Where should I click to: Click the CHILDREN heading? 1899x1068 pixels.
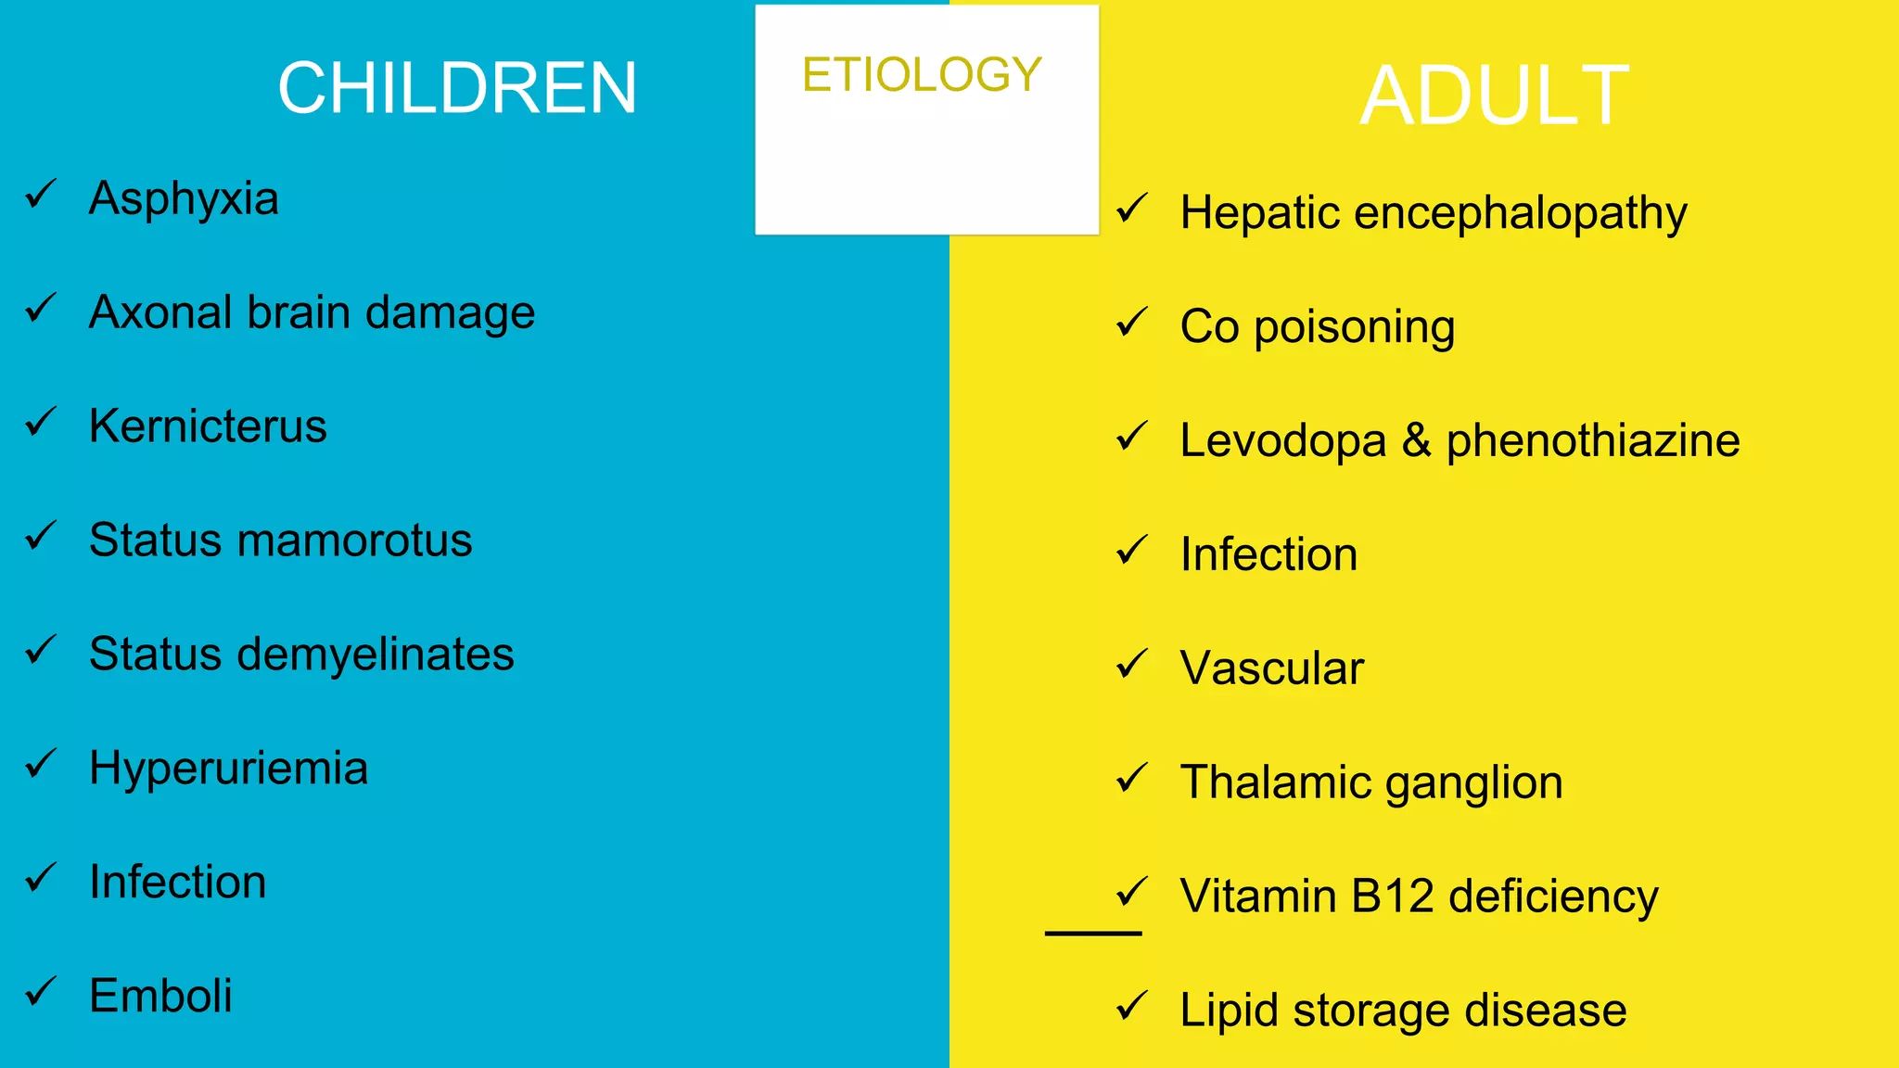457,88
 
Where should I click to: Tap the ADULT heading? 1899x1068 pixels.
1494,95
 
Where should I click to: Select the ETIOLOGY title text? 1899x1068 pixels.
922,75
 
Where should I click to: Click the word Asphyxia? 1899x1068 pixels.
184,198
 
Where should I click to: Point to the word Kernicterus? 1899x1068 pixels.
208,426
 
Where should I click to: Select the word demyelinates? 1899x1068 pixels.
376,655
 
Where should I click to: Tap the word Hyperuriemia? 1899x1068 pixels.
228,769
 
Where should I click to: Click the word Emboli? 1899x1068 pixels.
160,996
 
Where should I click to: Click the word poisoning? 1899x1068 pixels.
1354,327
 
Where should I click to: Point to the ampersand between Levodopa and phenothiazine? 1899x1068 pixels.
1416,440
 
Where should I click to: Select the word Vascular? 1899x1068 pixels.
1271,668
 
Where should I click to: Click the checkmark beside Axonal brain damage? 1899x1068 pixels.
41,309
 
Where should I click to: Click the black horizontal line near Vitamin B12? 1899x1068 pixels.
1092,933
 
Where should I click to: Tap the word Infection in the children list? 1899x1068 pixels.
177,882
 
